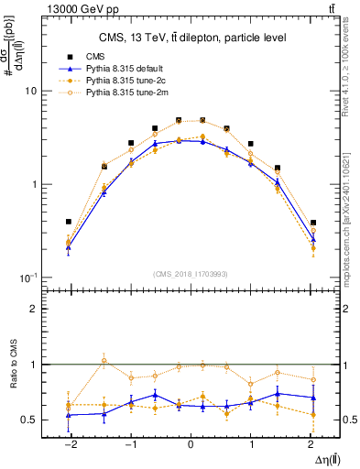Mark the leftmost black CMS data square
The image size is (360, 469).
[69, 222]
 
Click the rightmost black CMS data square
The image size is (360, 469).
[313, 223]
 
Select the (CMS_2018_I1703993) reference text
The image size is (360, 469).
[191, 274]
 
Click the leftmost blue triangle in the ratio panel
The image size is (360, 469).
[69, 415]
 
